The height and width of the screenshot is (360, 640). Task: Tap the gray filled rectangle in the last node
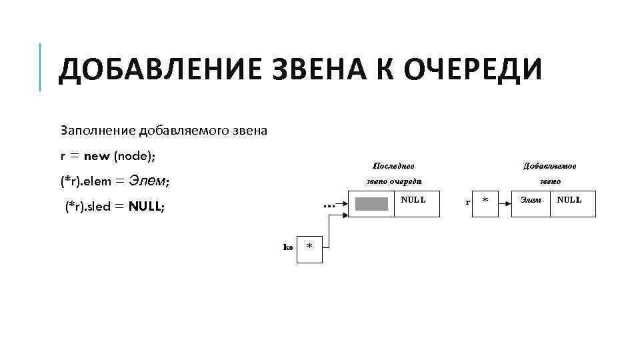tap(371, 204)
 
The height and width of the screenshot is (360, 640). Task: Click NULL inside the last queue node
tap(413, 199)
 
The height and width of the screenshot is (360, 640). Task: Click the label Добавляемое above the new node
tap(550, 165)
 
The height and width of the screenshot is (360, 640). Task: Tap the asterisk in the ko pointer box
tap(309, 247)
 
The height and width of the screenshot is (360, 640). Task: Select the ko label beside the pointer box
tap(288, 247)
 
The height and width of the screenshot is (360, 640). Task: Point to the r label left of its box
tap(467, 201)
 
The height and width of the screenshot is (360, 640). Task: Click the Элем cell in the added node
tap(531, 199)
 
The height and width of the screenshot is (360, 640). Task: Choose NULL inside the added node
tap(569, 199)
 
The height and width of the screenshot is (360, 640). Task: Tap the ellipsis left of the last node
tap(328, 207)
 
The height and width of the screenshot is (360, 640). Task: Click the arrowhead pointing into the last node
tap(345, 203)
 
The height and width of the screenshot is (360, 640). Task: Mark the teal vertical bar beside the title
tap(40, 67)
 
